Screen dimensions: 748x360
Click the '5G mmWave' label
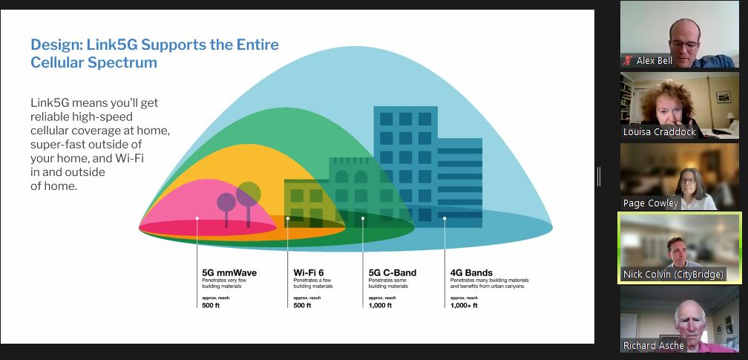coord(229,273)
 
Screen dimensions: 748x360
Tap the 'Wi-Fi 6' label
coord(309,273)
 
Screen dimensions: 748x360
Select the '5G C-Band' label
coord(393,273)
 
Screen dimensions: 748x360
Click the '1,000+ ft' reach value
coord(464,306)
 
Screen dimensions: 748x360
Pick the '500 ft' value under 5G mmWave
coord(211,306)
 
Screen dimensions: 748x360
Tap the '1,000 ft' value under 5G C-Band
coord(380,306)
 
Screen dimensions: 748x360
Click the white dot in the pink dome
coord(197,218)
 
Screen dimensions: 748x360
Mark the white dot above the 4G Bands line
coord(444,219)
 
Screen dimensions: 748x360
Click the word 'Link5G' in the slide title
coord(112,45)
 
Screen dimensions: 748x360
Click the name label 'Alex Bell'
coord(654,61)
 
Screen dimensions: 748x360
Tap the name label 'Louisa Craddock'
coord(659,132)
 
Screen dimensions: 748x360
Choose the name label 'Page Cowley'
coord(651,203)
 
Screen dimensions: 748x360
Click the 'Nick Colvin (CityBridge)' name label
coord(673,275)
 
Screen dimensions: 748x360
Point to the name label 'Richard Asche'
coord(654,346)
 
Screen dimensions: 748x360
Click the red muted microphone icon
coord(629,61)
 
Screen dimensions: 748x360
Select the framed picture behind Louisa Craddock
coord(724,97)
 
